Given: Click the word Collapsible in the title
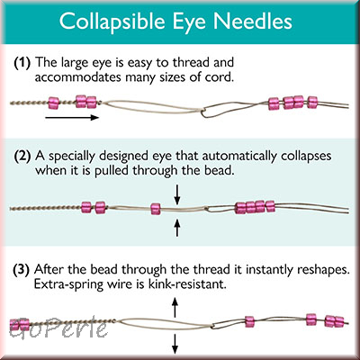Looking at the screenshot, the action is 112,22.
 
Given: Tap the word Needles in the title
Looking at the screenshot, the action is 253,21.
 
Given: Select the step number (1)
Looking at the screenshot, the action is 22,63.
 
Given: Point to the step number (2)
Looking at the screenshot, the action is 22,156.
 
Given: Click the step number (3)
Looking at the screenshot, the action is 22,270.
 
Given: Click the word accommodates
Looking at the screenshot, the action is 78,77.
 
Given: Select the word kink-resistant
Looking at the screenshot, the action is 186,283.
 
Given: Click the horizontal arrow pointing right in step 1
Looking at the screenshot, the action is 72,117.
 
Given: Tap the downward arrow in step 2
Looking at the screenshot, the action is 177,194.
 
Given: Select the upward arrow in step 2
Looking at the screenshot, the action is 177,228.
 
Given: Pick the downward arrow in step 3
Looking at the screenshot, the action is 175,344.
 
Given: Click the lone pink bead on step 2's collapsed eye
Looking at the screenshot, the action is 156,209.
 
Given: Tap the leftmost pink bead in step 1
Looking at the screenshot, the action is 54,103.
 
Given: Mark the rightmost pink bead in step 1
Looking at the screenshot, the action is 312,103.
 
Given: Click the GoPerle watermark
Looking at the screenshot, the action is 58,328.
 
